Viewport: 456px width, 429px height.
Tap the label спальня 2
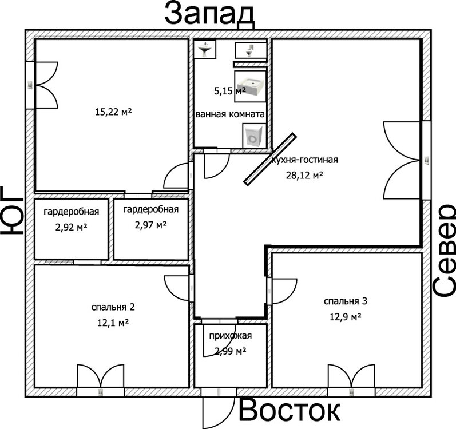click(x=112, y=307)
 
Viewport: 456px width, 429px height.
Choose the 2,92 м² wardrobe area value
click(x=71, y=227)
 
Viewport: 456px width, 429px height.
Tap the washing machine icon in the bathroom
click(x=253, y=136)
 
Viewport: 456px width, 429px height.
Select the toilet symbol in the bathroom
click(x=250, y=50)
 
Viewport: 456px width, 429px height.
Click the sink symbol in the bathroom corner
click(x=205, y=50)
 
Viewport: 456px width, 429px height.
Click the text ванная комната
click(x=230, y=114)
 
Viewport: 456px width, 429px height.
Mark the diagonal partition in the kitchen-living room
click(x=270, y=159)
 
